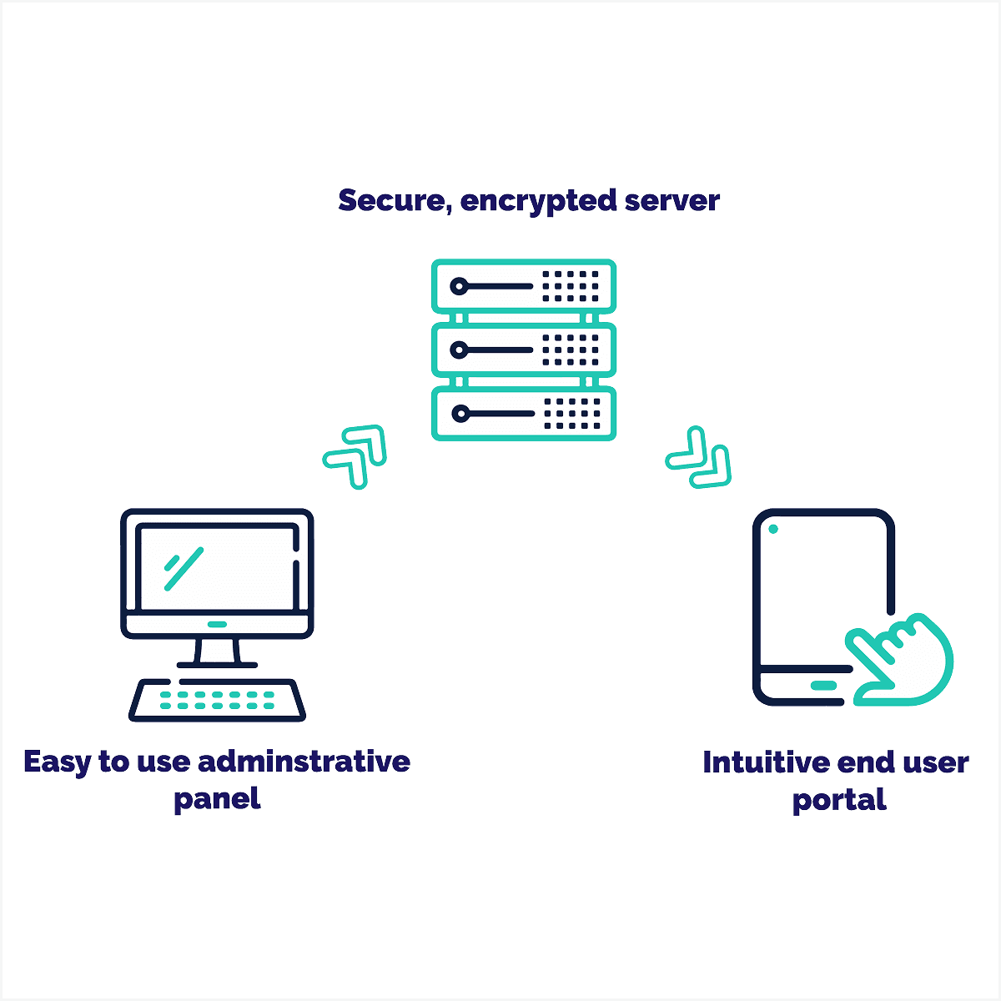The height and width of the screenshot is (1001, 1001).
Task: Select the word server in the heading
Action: coord(672,201)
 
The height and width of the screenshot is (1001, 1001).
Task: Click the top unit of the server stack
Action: coord(524,286)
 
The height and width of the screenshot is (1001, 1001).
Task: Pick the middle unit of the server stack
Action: coord(524,350)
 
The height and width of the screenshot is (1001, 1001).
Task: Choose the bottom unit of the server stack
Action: coord(524,413)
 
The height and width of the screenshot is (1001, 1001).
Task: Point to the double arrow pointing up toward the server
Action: coord(356,455)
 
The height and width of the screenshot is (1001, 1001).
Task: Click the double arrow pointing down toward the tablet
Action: coord(699,458)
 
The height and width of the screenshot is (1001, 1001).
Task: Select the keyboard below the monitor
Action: coord(217,700)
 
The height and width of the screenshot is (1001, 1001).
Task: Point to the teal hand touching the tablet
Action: coord(901,659)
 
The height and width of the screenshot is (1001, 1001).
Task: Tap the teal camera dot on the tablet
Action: coord(773,529)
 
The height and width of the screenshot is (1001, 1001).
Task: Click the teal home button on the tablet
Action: coord(823,686)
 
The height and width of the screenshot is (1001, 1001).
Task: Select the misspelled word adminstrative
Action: coord(304,762)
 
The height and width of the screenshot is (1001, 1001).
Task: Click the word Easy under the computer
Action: coord(57,762)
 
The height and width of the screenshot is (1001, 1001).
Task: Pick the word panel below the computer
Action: coord(217,799)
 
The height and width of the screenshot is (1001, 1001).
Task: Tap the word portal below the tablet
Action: coord(838,801)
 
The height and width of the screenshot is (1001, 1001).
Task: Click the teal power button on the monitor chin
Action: coord(217,624)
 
